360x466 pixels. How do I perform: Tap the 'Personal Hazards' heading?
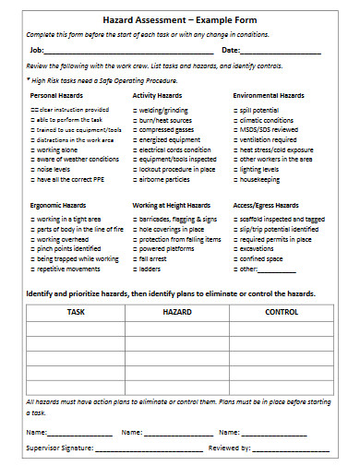pyautogui.click(x=56, y=96)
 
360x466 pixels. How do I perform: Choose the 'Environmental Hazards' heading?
pyautogui.click(x=269, y=96)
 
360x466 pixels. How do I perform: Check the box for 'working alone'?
pyautogui.click(x=32, y=149)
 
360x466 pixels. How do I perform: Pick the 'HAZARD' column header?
pyautogui.click(x=177, y=313)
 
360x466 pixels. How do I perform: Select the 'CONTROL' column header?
pyautogui.click(x=281, y=313)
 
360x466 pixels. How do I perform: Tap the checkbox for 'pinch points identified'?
pyautogui.click(x=32, y=248)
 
